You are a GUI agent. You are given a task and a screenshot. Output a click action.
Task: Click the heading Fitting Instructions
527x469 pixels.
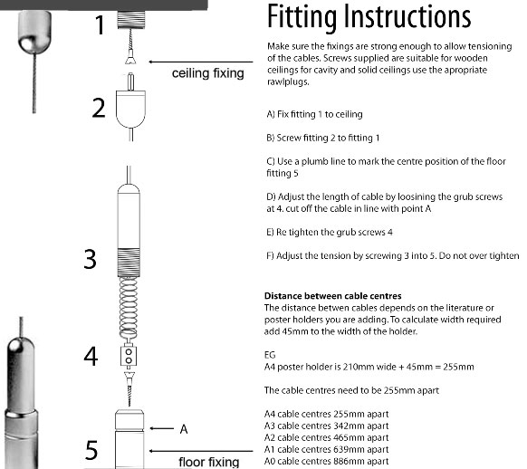tap(368, 18)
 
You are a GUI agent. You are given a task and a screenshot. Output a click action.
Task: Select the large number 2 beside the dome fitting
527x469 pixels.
tap(99, 108)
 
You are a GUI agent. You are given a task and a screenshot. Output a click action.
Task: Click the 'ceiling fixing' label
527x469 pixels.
tap(207, 72)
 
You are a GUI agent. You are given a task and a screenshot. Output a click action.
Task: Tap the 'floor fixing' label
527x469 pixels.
tap(208, 462)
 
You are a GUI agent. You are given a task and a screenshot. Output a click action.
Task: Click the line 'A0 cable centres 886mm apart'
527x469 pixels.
tap(325, 461)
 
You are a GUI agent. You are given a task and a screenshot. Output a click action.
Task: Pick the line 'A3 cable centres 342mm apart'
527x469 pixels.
tap(325, 426)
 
